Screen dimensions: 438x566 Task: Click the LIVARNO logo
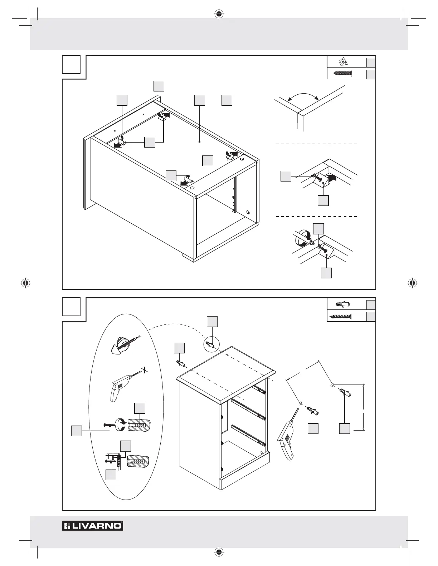pyautogui.click(x=92, y=526)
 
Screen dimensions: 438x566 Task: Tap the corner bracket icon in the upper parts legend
pyautogui.click(x=342, y=62)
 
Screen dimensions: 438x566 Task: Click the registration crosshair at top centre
pyautogui.click(x=219, y=14)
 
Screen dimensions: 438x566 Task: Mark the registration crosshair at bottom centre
pyautogui.click(x=219, y=552)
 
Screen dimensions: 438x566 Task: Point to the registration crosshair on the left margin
pyautogui.click(x=25, y=283)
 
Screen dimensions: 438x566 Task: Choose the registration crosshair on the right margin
pyautogui.click(x=413, y=283)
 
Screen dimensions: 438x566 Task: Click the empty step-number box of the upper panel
pyautogui.click(x=71, y=64)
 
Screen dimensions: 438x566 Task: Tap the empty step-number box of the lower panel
pyautogui.click(x=71, y=307)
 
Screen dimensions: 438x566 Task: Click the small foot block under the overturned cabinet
pyautogui.click(x=188, y=257)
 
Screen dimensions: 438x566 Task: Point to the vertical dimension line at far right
pyautogui.click(x=364, y=407)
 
